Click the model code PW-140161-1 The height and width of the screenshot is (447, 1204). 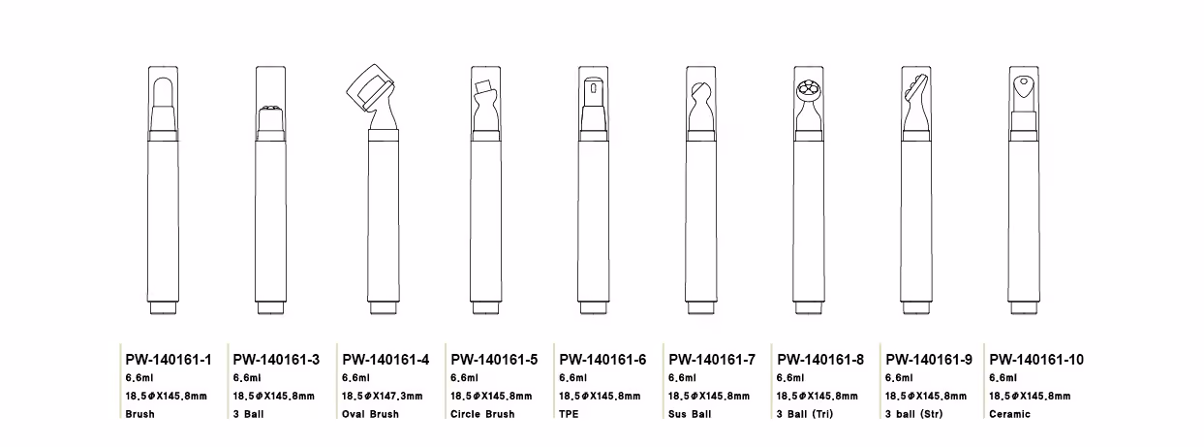[169, 360]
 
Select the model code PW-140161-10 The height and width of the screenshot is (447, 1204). [1036, 360]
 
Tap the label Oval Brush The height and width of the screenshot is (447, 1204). [370, 414]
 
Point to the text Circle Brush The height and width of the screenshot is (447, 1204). [482, 414]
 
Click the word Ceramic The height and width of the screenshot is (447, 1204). [1010, 414]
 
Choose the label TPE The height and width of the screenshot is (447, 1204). [569, 414]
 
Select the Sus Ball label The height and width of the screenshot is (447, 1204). [690, 414]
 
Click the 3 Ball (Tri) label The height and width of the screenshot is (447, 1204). [805, 414]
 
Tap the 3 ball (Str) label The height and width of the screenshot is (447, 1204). [913, 414]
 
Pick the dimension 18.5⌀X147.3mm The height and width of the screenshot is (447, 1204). [383, 397]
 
